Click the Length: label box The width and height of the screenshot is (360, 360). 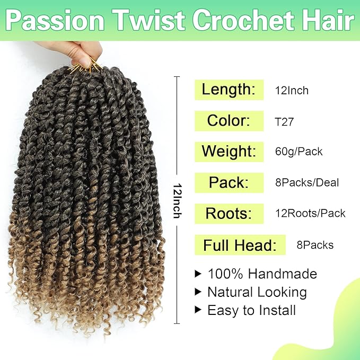(229, 89)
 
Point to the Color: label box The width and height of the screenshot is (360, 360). (229, 120)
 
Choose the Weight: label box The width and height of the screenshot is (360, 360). (229, 152)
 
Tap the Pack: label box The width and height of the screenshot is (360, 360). (229, 182)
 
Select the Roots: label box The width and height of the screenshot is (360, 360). (229, 213)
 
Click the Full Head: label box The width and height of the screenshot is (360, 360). (240, 245)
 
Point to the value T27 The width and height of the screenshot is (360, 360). (284, 121)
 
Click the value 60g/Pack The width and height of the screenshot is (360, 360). (298, 152)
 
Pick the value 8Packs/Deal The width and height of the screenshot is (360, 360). (306, 183)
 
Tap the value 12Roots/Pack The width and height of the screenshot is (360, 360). (310, 214)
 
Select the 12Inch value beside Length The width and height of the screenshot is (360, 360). (291, 90)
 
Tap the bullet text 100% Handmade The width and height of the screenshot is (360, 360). (262, 274)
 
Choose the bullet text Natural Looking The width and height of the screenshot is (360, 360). (257, 292)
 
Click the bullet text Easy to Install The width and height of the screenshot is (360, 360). (251, 310)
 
